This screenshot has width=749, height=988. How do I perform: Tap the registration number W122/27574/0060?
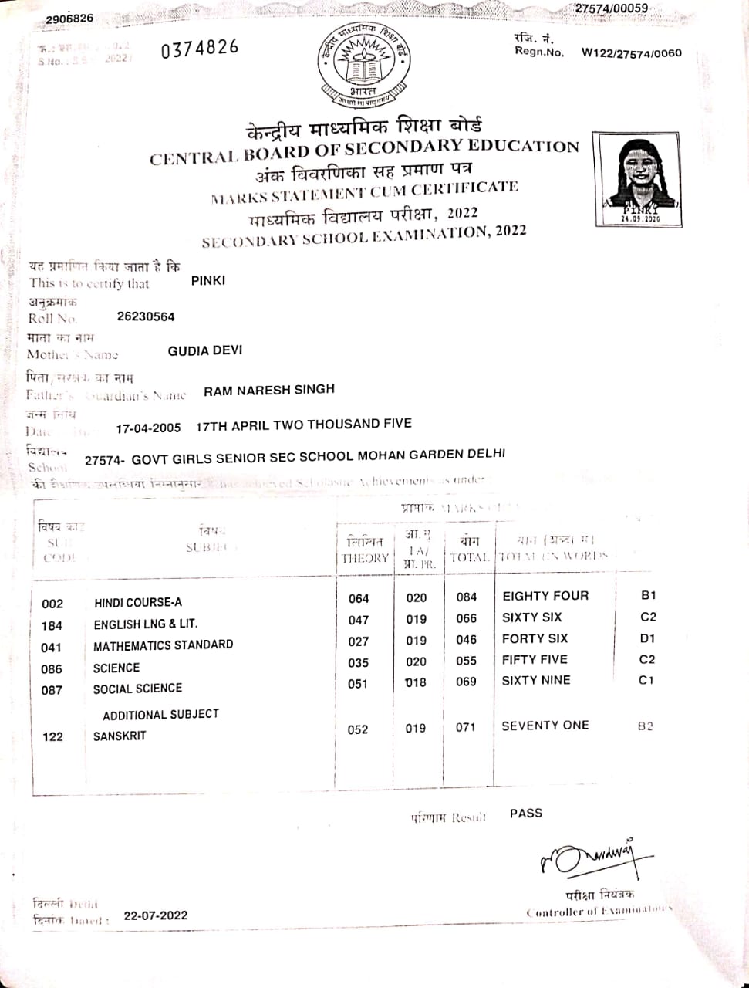point(631,53)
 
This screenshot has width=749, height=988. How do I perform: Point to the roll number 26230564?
point(146,316)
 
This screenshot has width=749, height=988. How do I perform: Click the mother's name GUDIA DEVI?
point(205,350)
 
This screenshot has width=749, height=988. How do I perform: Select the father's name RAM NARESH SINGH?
point(269,391)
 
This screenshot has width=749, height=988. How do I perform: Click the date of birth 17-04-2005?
point(148,428)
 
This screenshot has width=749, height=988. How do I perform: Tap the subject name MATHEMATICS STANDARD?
point(163,645)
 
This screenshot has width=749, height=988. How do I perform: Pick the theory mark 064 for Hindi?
point(359,598)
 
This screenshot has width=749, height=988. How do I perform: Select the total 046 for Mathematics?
point(467,640)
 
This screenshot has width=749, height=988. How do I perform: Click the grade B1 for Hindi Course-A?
point(648,595)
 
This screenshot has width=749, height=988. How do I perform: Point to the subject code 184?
point(52,625)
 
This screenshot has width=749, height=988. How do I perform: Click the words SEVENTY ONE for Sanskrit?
point(545,726)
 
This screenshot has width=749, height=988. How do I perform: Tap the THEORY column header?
point(365,558)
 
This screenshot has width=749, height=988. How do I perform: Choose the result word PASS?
point(526,814)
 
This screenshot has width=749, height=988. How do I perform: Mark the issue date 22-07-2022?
point(155,915)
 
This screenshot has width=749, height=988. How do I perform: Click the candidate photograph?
point(638,178)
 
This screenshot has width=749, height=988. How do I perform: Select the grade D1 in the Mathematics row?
point(647,638)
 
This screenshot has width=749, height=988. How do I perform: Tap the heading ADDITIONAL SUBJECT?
point(160,715)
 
